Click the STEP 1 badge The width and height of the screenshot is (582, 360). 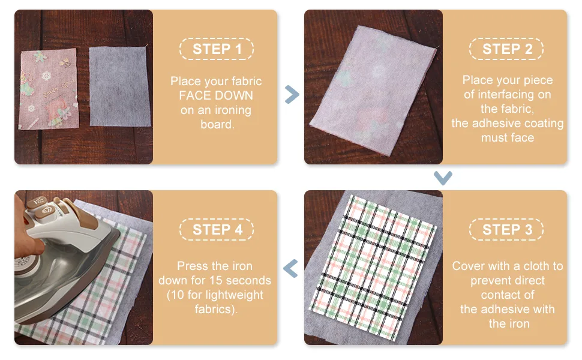coord(217,49)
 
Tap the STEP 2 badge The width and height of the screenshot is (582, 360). coord(506,49)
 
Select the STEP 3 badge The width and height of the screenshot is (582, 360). coord(506,230)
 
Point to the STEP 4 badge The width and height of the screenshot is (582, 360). coord(217,230)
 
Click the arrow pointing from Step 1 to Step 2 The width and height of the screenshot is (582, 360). coord(292,95)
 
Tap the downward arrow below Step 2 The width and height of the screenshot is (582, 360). coord(443,178)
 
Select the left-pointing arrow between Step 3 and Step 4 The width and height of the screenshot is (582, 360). coord(290,268)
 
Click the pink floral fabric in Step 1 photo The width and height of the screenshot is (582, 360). coord(48,89)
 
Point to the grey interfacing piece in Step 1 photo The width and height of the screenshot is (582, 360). coord(119,86)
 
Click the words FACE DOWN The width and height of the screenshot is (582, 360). coord(216,95)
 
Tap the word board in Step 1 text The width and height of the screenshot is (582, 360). coord(217,124)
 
